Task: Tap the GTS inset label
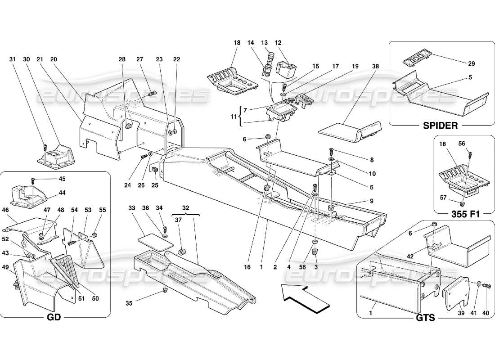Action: (x=425, y=318)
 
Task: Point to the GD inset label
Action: (x=53, y=318)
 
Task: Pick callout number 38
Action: (x=376, y=66)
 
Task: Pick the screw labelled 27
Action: (x=152, y=94)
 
